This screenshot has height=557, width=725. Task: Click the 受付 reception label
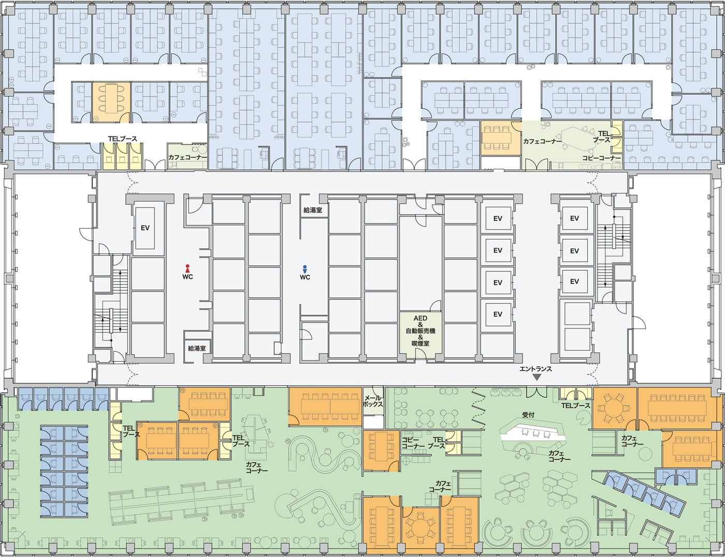[528, 415]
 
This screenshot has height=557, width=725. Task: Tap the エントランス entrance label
[536, 369]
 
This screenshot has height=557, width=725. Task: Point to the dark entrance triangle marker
[537, 377]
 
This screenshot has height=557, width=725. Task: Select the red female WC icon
[187, 268]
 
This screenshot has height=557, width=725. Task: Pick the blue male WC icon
[304, 268]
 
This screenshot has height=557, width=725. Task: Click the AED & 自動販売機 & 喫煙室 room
[421, 335]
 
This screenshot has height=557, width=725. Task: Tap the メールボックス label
[373, 401]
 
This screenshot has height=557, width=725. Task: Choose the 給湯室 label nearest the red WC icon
[197, 348]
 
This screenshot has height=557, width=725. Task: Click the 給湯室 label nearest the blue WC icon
[313, 210]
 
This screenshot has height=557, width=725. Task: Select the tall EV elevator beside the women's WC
[145, 228]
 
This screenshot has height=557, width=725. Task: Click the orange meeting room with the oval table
[111, 102]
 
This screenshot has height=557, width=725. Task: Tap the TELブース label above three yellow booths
[122, 139]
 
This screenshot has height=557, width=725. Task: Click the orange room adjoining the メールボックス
[325, 407]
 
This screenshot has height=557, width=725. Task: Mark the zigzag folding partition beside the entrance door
[479, 408]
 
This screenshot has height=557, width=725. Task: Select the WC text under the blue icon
[305, 277]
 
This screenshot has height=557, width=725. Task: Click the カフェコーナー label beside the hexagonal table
[543, 141]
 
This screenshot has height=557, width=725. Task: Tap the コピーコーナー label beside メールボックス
[413, 443]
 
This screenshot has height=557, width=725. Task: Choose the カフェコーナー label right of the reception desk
[560, 456]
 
